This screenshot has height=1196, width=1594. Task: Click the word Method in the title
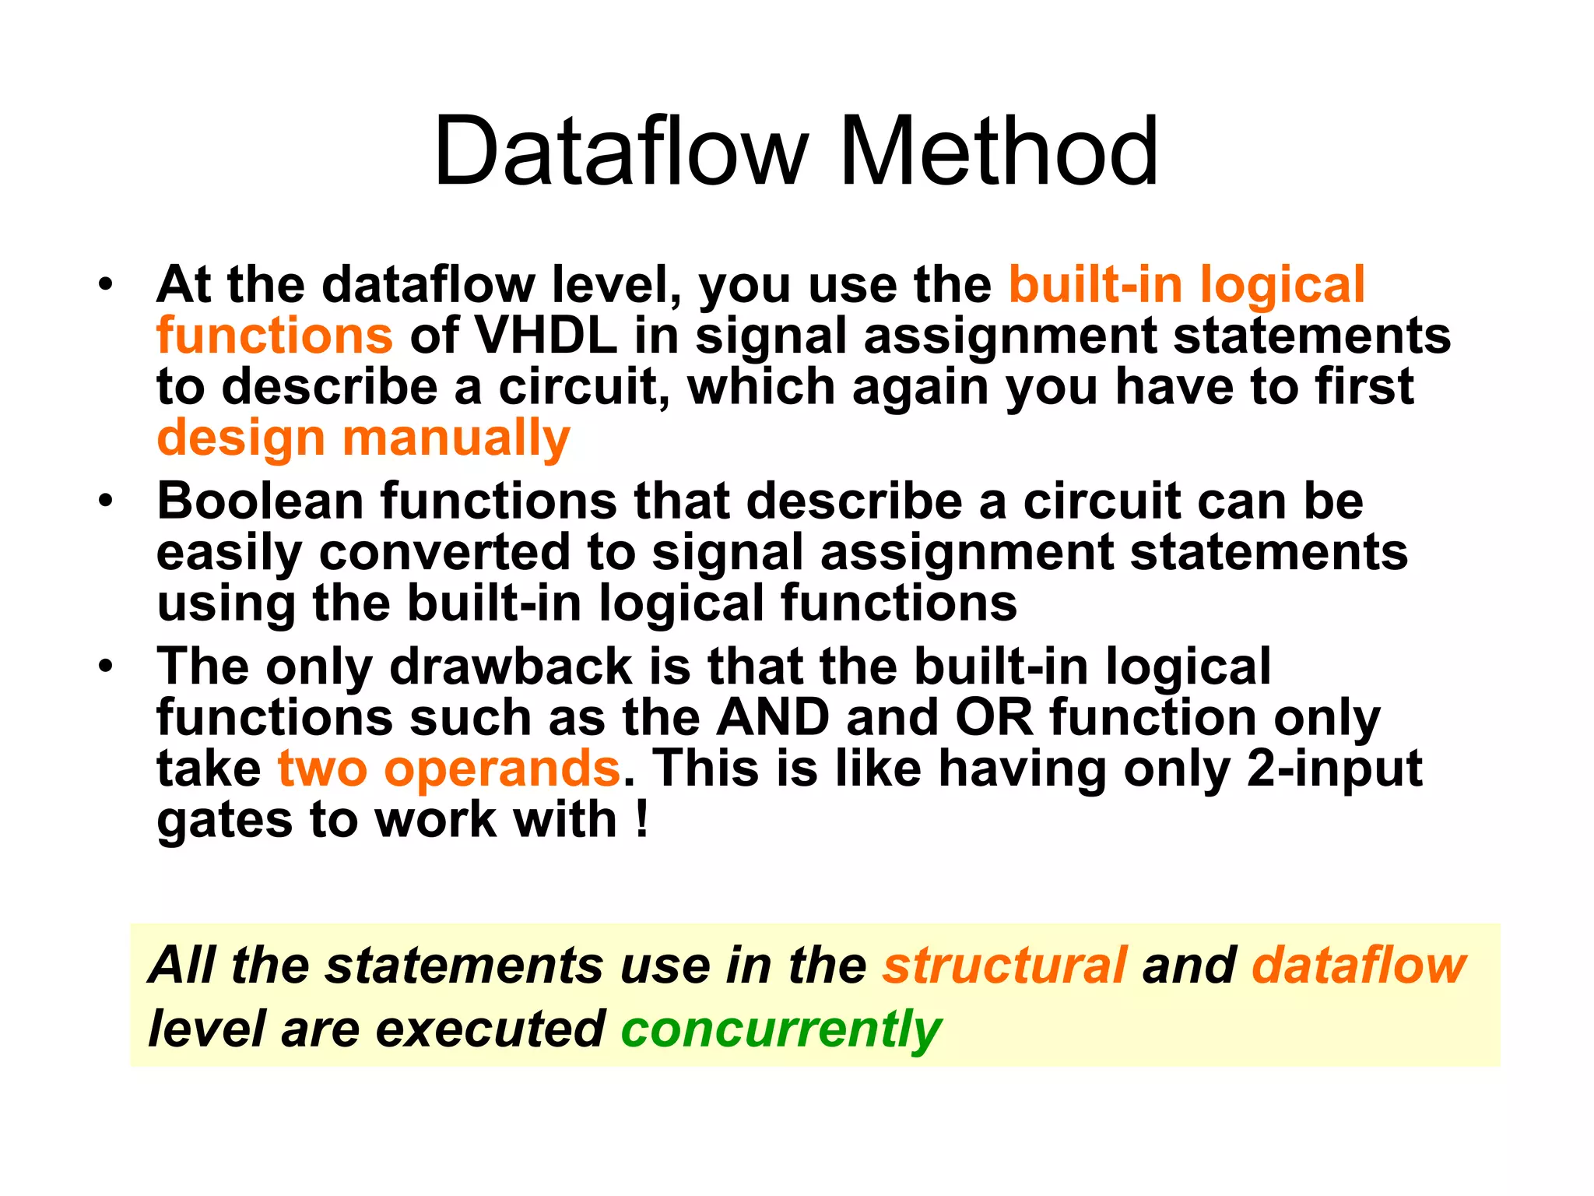pos(999,151)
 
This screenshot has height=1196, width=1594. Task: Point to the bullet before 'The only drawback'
pos(106,667)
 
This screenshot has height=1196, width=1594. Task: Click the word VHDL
pos(546,336)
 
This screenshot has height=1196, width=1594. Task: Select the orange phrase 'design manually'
pos(363,438)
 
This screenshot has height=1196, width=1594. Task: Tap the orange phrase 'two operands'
pos(449,769)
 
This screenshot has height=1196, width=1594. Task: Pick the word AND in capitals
pos(773,717)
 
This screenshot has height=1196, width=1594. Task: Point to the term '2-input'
pos(1334,769)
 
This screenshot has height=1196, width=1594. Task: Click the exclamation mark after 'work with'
pos(641,819)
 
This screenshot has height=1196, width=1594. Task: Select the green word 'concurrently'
pos(781,1029)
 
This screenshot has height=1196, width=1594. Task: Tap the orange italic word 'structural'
pos(1004,966)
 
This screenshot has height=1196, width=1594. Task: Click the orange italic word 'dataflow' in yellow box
pos(1358,966)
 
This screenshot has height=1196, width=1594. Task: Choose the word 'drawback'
pos(511,667)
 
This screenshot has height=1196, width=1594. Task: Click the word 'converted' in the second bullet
pos(444,552)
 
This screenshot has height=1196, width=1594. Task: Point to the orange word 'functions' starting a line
pos(275,336)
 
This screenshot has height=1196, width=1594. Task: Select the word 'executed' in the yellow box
pos(490,1029)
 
